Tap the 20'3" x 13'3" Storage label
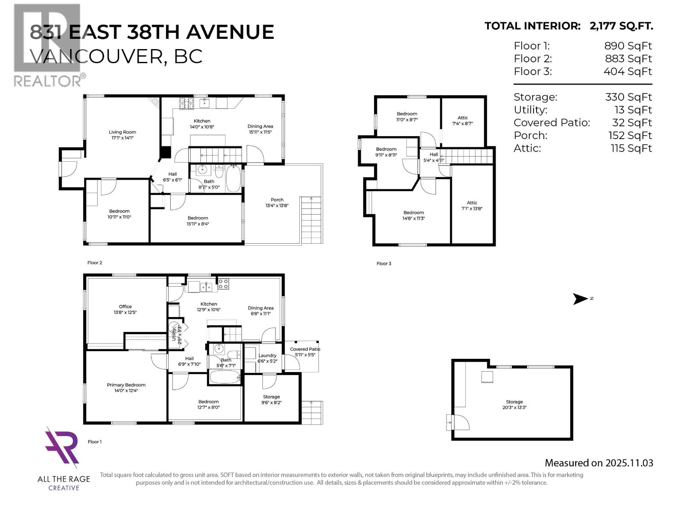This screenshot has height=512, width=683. tap(514, 404)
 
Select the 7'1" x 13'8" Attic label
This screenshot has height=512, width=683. tap(472, 206)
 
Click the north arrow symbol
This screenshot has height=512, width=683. tap(581, 299)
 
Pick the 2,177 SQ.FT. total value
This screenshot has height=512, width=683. tap(621, 26)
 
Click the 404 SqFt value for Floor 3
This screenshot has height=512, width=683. tap(628, 72)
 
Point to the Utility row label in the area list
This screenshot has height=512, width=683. tap(530, 110)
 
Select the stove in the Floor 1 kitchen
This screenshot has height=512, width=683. tap(223, 284)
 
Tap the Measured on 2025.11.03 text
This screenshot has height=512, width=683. tap(598, 463)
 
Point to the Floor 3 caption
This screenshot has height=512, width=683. tap(384, 264)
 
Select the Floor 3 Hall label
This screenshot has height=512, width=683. tap(434, 157)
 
